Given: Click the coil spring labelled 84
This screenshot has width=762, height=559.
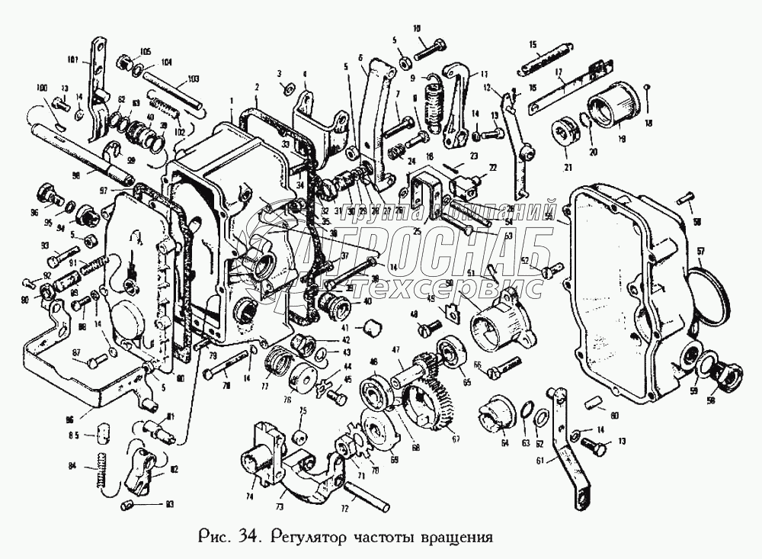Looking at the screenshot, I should [x=99, y=471].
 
